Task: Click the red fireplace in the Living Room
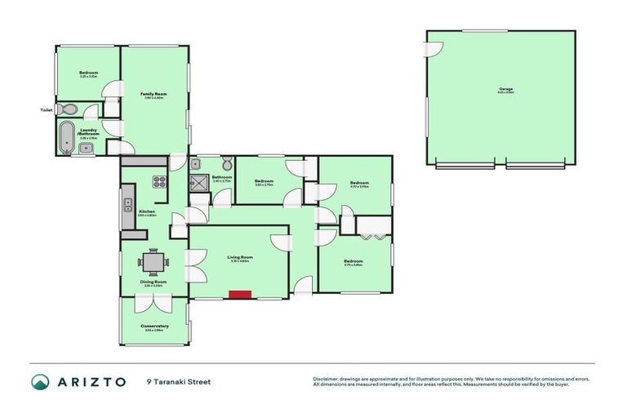239,295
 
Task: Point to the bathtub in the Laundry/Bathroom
65,136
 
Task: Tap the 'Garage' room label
499,90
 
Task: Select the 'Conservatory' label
155,326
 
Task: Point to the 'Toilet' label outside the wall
47,109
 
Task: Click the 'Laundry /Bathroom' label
89,131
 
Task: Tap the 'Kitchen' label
147,211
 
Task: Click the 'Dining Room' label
154,282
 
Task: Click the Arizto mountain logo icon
40,381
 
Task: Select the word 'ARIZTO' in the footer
91,381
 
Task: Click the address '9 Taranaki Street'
178,381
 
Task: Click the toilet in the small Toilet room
69,109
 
